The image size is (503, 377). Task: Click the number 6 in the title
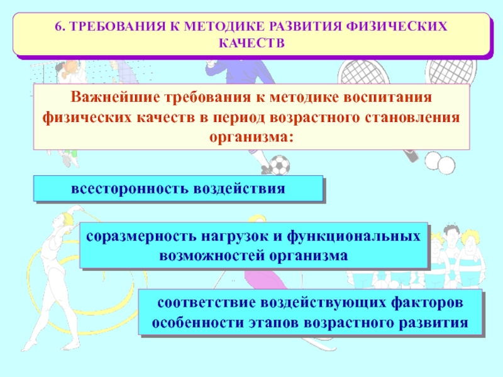pyautogui.click(x=58, y=26)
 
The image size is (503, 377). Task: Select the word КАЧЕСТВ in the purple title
pyautogui.click(x=252, y=43)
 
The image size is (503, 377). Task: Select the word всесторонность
pyautogui.click(x=130, y=188)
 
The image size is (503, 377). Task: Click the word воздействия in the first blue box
pyautogui.click(x=240, y=188)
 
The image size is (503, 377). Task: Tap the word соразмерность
pyautogui.click(x=141, y=237)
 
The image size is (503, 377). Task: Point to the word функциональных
pyautogui.click(x=353, y=236)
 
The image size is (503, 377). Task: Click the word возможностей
pyautogui.click(x=212, y=256)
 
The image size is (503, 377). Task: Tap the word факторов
pyautogui.click(x=427, y=302)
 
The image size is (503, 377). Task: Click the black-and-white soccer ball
pyautogui.click(x=280, y=165)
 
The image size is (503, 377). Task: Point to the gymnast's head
pyautogui.click(x=68, y=218)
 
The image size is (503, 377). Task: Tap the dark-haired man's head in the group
pyautogui.click(x=451, y=234)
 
